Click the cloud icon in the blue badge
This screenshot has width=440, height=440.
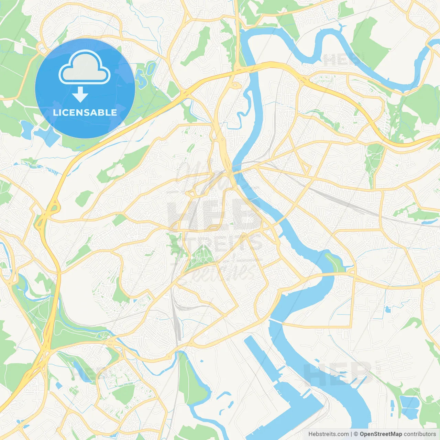tap(85, 68)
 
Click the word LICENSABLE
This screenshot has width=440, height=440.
tap(85, 112)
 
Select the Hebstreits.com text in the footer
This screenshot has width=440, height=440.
tap(328, 434)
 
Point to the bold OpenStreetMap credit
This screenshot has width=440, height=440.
tap(381, 434)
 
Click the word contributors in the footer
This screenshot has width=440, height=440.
tap(420, 434)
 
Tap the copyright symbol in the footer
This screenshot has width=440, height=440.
tap(356, 434)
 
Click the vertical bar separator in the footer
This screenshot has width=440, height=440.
tap(351, 434)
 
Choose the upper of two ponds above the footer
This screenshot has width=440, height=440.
tap(409, 401)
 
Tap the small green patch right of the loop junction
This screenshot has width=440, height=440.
tap(84, 198)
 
